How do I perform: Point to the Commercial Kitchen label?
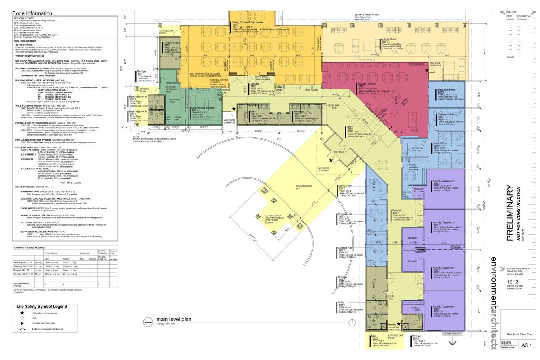(203, 108)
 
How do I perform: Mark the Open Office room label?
(440, 143)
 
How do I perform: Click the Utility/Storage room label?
(172, 43)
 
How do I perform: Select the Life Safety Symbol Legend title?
(42, 307)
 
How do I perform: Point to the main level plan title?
(174, 319)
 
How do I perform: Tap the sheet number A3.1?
(527, 345)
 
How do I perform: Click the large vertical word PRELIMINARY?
(510, 213)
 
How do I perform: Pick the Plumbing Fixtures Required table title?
(29, 247)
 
